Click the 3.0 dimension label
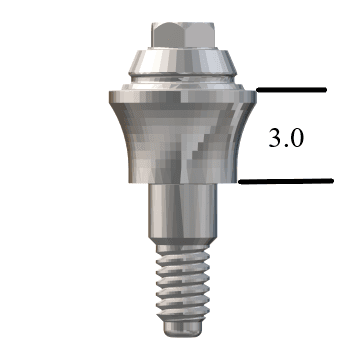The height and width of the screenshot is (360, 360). click(286, 138)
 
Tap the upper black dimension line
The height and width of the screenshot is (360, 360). click(291, 90)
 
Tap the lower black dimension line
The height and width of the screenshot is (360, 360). click(286, 181)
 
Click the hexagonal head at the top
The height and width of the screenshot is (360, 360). click(183, 35)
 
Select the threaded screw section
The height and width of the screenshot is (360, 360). click(183, 283)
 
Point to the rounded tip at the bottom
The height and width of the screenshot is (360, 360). click(183, 329)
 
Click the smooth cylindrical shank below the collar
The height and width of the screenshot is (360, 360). click(183, 211)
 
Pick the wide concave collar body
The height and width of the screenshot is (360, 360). click(183, 140)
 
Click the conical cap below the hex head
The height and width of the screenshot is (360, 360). click(183, 62)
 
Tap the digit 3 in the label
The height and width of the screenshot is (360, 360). click(275, 138)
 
